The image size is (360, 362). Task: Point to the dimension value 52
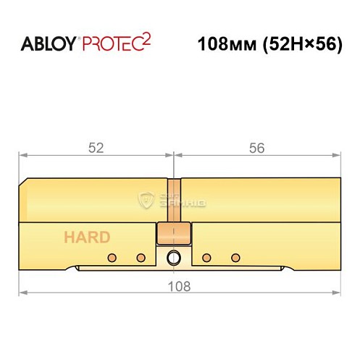[96, 148]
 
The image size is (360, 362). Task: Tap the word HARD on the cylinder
[86, 237]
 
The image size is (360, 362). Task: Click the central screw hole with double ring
[174, 258]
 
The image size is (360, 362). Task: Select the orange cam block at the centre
[174, 233]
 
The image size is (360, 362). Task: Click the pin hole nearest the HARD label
[112, 258]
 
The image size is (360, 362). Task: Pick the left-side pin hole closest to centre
[141, 258]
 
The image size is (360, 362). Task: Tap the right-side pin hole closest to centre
[207, 258]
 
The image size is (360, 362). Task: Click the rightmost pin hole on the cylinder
[235, 258]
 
